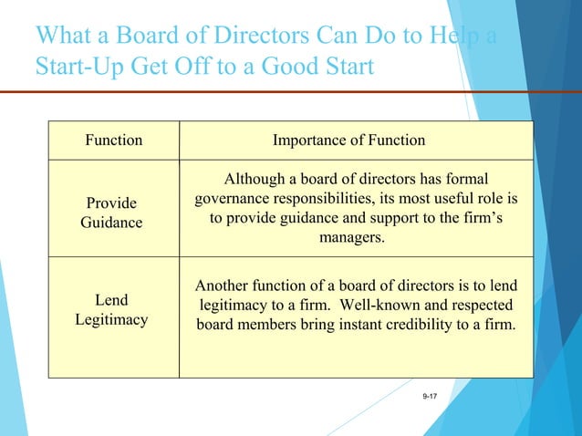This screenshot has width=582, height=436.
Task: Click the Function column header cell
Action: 114,140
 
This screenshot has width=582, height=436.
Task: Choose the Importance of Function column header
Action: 349,140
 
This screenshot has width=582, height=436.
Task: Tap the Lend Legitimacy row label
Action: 111,310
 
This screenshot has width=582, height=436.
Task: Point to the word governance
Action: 231,199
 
